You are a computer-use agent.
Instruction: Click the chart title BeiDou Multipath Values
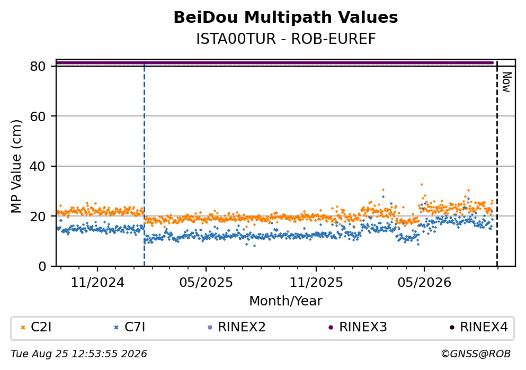(x=286, y=17)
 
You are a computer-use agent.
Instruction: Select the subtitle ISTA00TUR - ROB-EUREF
(x=286, y=39)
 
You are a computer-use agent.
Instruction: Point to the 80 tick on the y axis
(x=38, y=66)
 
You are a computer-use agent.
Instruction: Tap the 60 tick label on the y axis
(x=38, y=116)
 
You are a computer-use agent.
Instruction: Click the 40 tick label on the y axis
(x=38, y=166)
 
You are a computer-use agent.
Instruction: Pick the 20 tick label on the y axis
(x=38, y=216)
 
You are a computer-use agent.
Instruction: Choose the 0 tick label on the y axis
(x=42, y=266)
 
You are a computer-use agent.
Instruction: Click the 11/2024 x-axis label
(x=97, y=283)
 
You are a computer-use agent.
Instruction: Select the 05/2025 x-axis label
(x=206, y=283)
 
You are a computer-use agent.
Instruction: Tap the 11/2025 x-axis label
(x=316, y=283)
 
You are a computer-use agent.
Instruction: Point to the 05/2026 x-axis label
(x=424, y=283)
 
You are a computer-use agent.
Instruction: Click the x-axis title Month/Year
(x=286, y=301)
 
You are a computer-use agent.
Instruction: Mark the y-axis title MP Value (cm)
(x=16, y=166)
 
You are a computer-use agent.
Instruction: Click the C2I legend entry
(x=36, y=327)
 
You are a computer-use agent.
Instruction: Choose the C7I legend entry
(x=130, y=327)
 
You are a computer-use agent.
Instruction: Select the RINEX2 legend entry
(x=237, y=327)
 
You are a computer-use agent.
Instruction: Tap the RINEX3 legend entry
(x=358, y=327)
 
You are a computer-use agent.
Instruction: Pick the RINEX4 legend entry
(x=479, y=327)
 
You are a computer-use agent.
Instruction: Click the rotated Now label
(x=506, y=82)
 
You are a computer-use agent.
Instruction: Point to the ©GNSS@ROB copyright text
(x=476, y=354)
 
